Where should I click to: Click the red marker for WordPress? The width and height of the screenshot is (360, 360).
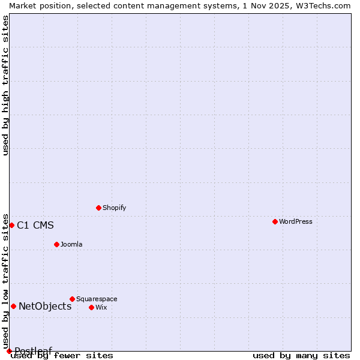275,221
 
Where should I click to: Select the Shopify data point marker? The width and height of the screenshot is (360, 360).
98,208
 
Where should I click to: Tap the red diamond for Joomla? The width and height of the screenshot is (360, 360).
56,244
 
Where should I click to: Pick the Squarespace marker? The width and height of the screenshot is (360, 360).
72,299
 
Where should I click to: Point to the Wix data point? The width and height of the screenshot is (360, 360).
91,307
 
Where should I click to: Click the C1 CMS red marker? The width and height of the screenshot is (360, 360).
11,225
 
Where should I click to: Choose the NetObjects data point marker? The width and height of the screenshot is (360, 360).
13,306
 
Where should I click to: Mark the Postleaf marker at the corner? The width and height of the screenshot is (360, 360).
9,351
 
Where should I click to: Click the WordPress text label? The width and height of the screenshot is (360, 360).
296,221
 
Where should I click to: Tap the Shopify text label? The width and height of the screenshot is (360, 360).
114,208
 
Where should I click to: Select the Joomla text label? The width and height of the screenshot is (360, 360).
71,244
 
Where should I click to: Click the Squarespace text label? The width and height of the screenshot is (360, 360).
97,299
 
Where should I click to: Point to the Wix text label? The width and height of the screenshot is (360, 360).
101,307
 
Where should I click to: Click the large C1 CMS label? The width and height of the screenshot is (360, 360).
35,226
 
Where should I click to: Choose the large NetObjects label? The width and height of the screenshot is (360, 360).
45,307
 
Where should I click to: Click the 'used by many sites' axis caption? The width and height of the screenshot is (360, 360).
301,355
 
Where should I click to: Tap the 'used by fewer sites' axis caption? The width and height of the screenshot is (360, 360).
62,355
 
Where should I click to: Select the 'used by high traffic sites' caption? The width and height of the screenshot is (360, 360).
5,85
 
